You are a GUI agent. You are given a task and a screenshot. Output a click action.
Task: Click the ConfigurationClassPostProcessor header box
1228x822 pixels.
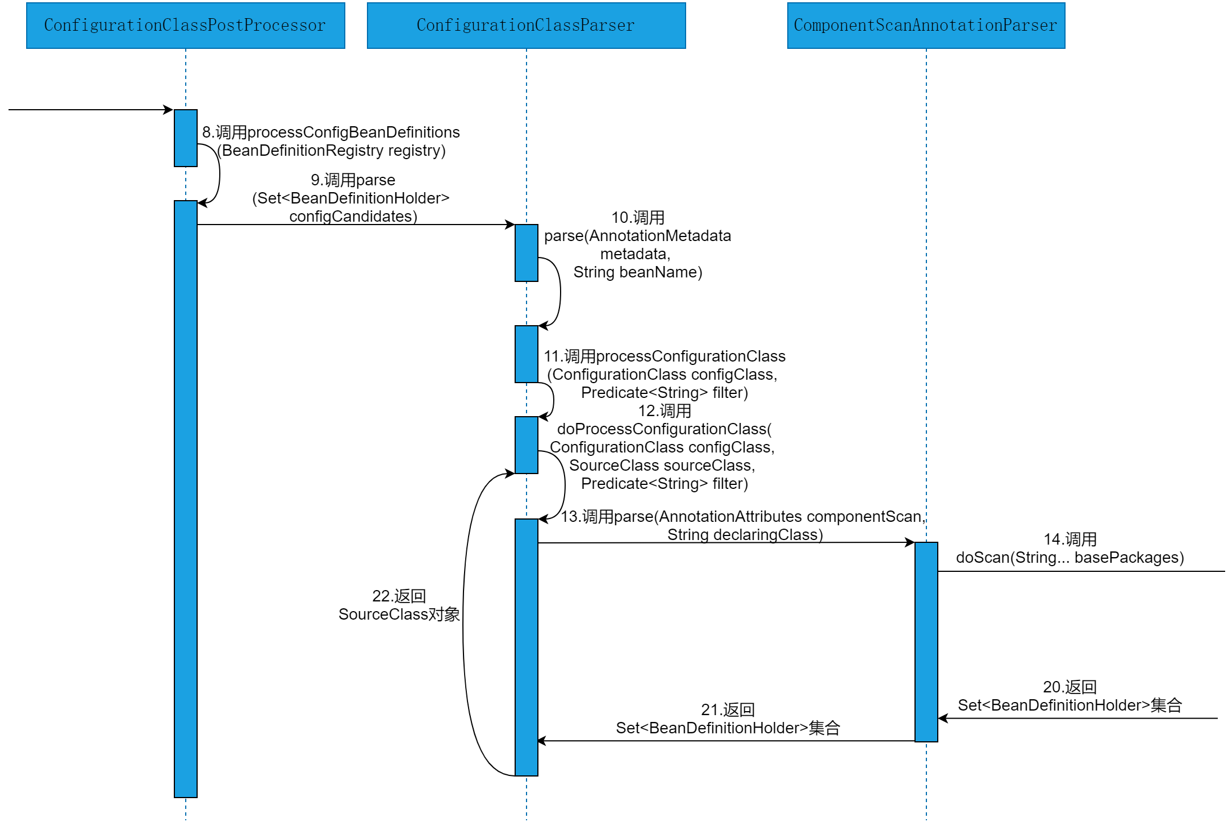pyautogui.click(x=185, y=26)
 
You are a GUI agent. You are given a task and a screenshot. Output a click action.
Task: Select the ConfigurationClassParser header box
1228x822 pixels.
pyautogui.click(x=526, y=26)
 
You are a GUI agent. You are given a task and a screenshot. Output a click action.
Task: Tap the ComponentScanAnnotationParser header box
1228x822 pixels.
pyautogui.click(x=926, y=26)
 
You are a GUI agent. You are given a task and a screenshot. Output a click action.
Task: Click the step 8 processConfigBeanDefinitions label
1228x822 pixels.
pyautogui.click(x=331, y=142)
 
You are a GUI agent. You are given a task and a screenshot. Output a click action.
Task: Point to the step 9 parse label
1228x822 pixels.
pyautogui.click(x=352, y=198)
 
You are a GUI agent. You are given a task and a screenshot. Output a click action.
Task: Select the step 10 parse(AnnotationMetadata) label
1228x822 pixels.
pyautogui.click(x=637, y=245)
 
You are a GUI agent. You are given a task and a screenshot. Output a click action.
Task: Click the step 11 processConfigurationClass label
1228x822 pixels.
pyautogui.click(x=665, y=375)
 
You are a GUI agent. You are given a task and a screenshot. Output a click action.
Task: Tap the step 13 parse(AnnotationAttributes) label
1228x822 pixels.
pyautogui.click(x=744, y=525)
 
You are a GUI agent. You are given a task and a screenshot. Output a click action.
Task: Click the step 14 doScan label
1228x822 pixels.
pyautogui.click(x=1070, y=549)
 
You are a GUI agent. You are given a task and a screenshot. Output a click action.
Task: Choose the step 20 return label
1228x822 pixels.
pyautogui.click(x=1070, y=696)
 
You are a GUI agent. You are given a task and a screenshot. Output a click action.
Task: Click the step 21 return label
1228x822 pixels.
pyautogui.click(x=728, y=719)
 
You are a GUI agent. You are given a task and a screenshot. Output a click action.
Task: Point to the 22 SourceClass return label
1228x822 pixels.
pyautogui.click(x=399, y=605)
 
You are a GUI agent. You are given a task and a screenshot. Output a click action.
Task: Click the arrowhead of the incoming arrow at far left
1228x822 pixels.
pyautogui.click(x=169, y=110)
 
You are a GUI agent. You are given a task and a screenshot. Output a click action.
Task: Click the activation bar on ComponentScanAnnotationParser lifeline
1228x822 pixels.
pyautogui.click(x=926, y=642)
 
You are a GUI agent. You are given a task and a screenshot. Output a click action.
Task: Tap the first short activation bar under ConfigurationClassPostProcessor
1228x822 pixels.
pyautogui.click(x=185, y=138)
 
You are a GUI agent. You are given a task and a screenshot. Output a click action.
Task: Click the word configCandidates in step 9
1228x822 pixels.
pyautogui.click(x=353, y=217)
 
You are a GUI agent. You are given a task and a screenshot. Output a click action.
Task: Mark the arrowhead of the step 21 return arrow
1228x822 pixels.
pyautogui.click(x=541, y=741)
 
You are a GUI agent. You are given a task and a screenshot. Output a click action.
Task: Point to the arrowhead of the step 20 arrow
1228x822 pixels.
pyautogui.click(x=942, y=719)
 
